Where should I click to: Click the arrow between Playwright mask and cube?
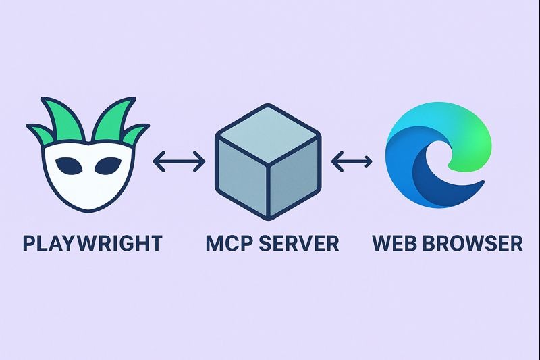[179, 161]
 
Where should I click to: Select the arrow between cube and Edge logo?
[352, 161]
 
